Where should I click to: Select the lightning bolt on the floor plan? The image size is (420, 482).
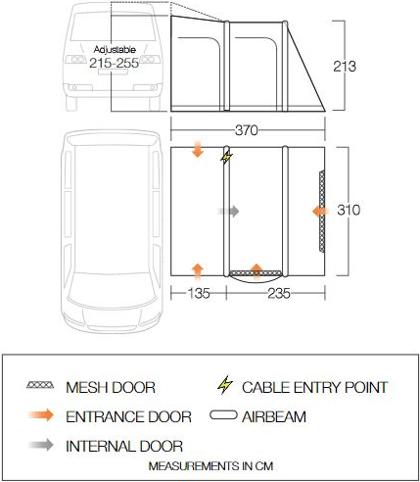[x=228, y=157]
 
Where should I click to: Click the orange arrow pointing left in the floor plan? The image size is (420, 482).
[x=320, y=210]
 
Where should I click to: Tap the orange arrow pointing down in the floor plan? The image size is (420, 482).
[x=198, y=150]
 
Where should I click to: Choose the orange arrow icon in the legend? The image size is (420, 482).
[x=41, y=416]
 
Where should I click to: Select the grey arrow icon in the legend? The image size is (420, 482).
[x=41, y=446]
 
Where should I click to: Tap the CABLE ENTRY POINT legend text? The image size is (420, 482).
[x=314, y=387]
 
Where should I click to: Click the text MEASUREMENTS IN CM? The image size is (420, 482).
[x=209, y=465]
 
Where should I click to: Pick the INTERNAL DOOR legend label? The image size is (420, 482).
[x=124, y=446]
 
